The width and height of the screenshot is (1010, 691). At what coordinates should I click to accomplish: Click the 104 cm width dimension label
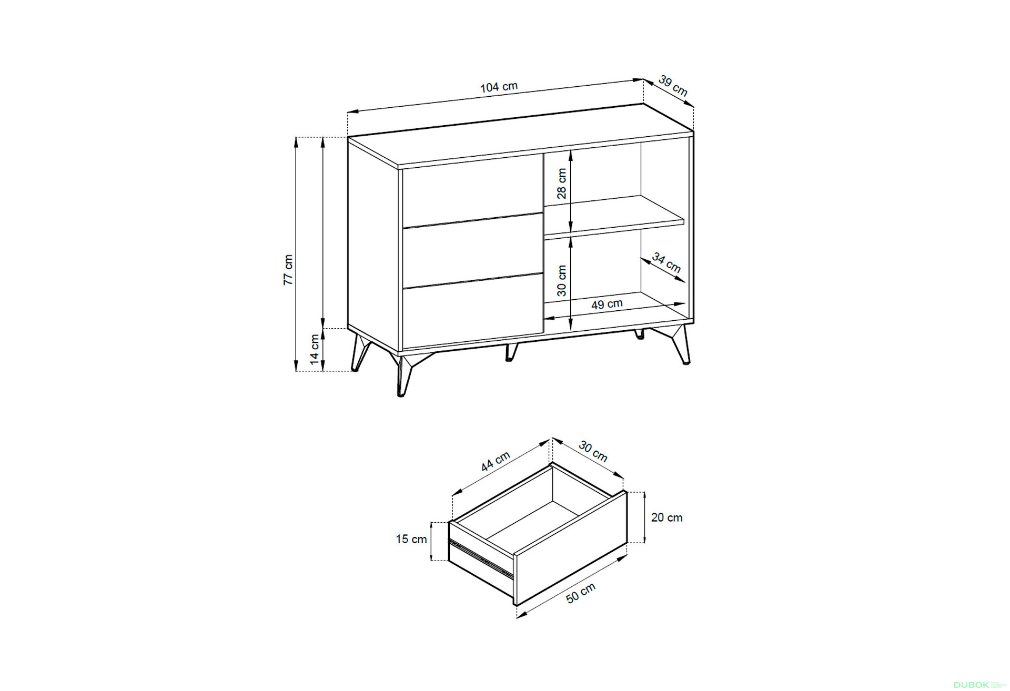499,87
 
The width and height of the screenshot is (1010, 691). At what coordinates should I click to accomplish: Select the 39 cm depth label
673,86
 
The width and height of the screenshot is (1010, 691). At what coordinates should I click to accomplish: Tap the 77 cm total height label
288,270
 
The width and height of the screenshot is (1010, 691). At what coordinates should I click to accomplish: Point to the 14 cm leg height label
315,349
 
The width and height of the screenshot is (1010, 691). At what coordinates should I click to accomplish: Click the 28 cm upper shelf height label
562,184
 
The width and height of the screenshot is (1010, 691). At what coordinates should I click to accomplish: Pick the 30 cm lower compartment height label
562,281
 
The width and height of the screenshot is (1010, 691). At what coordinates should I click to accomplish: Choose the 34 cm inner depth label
666,262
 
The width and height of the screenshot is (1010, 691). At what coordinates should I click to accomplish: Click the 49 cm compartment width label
607,304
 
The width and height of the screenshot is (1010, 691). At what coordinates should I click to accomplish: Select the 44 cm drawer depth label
496,461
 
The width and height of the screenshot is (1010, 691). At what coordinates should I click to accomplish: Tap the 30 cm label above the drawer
593,451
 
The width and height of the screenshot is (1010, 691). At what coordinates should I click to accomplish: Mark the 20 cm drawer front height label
666,517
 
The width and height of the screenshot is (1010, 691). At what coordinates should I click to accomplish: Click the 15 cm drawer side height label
411,539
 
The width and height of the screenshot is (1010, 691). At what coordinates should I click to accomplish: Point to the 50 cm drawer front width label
581,593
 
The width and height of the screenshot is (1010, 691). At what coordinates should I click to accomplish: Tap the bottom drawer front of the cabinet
473,311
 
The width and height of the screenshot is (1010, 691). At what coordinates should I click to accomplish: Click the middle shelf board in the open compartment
614,215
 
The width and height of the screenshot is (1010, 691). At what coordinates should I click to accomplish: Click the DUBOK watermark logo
971,685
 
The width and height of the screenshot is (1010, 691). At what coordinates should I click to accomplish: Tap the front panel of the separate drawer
570,547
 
